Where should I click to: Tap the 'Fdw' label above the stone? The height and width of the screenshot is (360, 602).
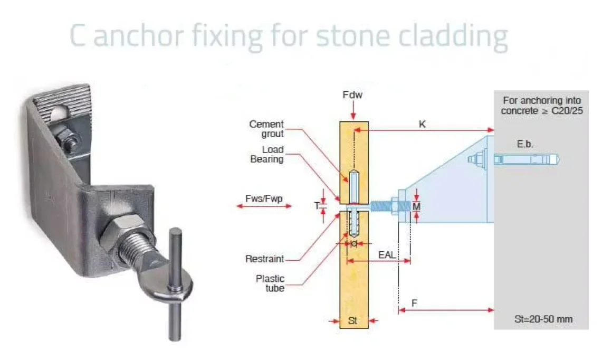[x=353, y=96]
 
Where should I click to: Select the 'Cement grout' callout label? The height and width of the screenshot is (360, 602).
[x=266, y=129]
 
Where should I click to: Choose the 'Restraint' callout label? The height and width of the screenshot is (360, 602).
[x=264, y=259]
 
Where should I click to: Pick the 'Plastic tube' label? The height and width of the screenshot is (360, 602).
[x=270, y=283]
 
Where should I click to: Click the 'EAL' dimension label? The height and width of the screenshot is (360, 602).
[x=387, y=254]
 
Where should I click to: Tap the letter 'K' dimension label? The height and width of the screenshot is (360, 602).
[x=422, y=125]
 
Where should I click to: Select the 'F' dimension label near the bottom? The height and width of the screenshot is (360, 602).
[x=414, y=304]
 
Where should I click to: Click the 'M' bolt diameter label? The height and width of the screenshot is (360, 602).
[x=416, y=206]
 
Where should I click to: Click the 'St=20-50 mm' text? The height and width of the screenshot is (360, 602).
[x=543, y=319]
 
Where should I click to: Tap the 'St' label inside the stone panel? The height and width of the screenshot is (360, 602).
[x=353, y=320]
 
